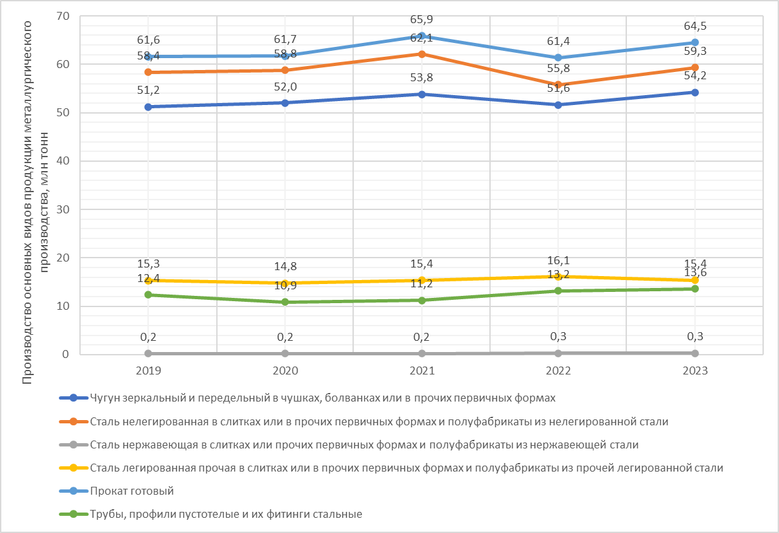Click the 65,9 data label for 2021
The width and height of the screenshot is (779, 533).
pyautogui.click(x=422, y=20)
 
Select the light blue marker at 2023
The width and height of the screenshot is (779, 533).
pyautogui.click(x=695, y=42)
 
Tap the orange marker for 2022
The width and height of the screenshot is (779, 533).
pyautogui.click(x=558, y=85)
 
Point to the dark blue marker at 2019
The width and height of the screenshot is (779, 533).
pyautogui.click(x=148, y=107)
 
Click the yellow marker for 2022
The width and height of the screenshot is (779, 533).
pyautogui.click(x=558, y=277)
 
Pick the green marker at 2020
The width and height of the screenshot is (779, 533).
pyautogui.click(x=285, y=302)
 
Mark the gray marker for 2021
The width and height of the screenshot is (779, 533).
pyautogui.click(x=422, y=353)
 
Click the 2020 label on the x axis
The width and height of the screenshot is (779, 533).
pyautogui.click(x=285, y=371)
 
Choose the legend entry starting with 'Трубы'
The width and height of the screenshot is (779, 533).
pyautogui.click(x=225, y=514)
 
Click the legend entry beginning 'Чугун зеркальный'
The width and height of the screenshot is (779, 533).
pyautogui.click(x=322, y=398)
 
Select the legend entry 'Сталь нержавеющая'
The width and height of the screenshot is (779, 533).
pyautogui.click(x=364, y=444)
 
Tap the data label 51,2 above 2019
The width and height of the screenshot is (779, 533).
pyautogui.click(x=148, y=90)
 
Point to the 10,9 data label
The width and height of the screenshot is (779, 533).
pyautogui.click(x=285, y=287)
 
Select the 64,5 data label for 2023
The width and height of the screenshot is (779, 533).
pyautogui.click(x=695, y=26)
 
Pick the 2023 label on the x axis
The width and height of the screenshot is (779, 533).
pyautogui.click(x=695, y=371)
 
